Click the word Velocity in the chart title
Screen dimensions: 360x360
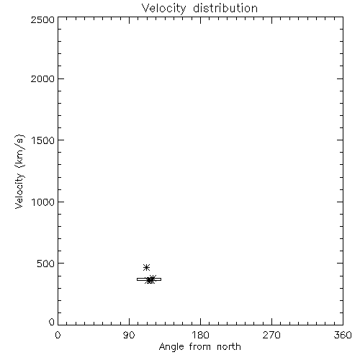click(x=164, y=9)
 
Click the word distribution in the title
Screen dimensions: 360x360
click(x=225, y=8)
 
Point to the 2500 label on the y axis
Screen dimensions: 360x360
click(x=42, y=19)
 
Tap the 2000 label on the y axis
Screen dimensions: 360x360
click(x=42, y=78)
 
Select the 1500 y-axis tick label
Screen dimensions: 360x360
click(x=43, y=140)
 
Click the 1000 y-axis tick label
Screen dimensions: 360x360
click(x=43, y=202)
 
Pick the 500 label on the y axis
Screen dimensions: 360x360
click(x=46, y=264)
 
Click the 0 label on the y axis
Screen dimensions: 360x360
click(x=52, y=322)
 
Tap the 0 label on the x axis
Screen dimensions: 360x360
click(x=58, y=335)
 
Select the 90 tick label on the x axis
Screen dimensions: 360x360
click(x=129, y=335)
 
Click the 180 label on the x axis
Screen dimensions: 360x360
click(x=200, y=335)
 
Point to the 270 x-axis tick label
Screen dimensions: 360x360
click(x=271, y=335)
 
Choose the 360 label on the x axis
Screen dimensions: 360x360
click(x=343, y=335)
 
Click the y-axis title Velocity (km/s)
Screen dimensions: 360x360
click(x=19, y=171)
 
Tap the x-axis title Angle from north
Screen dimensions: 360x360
click(x=200, y=347)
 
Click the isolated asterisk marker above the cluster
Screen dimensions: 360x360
click(x=146, y=267)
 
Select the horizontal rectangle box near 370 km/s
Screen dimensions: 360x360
click(x=149, y=279)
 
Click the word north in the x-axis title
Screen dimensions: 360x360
click(x=229, y=346)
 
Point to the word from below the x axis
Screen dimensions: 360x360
click(x=199, y=346)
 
